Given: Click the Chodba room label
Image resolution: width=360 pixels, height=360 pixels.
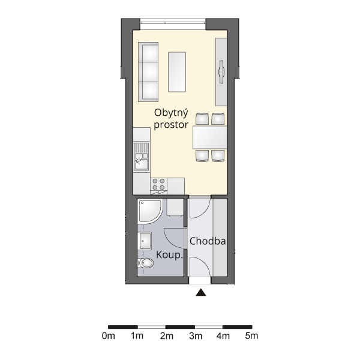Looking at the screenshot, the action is tap(208, 241).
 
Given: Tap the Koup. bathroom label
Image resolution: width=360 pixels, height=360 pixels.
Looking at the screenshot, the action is tap(169, 255).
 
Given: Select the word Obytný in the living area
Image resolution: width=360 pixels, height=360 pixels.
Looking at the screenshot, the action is tap(171, 113).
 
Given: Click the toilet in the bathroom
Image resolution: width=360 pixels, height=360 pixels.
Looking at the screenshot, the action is tap(146, 263).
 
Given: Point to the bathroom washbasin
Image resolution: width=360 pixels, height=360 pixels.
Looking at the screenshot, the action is tap(145, 241).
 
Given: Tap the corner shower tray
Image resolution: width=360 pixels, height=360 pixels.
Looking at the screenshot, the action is tap(149, 211).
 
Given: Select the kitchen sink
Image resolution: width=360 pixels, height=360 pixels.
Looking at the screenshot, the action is tap(142, 157).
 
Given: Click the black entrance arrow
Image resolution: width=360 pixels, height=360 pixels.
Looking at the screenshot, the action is tap(201, 292).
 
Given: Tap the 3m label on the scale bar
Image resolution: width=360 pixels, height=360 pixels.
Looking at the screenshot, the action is tap(196, 336).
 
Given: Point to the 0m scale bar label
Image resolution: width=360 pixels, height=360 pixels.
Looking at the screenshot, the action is tap(109, 336).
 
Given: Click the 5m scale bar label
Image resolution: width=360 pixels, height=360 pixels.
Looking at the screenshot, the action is tap(251, 336).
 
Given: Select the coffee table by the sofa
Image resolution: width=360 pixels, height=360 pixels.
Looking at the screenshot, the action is tap(177, 72).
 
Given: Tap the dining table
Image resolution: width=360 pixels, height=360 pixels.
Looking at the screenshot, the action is tap(209, 137).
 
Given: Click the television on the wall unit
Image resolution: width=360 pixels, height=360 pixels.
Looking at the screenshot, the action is tap(221, 71).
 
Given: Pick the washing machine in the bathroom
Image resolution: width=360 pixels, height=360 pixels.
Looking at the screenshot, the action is tap(175, 208).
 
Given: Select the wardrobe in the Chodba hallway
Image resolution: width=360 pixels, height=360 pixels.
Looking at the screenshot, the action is tap(220, 238).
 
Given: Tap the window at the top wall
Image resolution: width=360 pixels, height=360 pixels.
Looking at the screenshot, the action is tap(173, 24).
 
